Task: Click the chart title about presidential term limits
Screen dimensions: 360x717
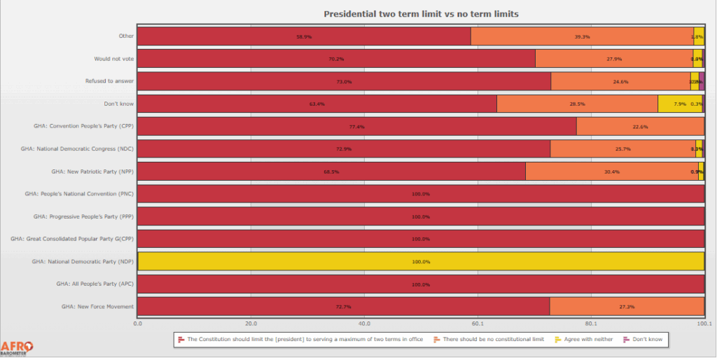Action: pos(421,14)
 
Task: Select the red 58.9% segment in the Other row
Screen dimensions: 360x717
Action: pos(304,36)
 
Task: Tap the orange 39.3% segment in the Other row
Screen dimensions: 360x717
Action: pos(582,36)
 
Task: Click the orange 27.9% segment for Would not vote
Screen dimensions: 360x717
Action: pos(614,59)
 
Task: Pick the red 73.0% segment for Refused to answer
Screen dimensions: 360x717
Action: pos(344,81)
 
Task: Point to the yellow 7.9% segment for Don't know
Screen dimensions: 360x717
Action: pos(679,104)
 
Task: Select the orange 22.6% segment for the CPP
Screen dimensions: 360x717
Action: pos(640,126)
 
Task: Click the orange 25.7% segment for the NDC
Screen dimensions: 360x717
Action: pos(622,149)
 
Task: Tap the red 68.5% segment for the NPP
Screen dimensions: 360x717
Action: pos(331,172)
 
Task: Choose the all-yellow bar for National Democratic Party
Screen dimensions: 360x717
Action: pos(421,261)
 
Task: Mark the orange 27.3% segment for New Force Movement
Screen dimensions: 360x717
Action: pos(627,307)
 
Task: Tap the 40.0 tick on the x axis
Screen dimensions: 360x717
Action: pos(364,324)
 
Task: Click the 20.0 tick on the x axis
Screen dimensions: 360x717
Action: pos(251,324)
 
